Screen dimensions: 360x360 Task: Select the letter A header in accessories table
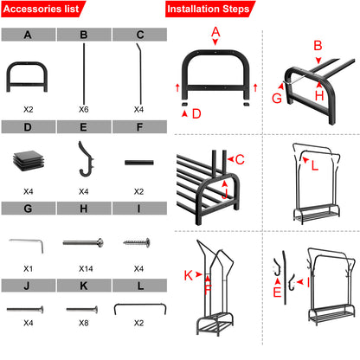29,35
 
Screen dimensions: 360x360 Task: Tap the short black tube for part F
138,162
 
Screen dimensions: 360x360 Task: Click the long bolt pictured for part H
83,241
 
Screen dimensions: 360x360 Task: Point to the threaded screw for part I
138,241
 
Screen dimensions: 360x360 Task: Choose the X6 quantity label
83,109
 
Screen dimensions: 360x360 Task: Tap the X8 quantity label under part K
83,347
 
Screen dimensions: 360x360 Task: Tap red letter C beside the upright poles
240,159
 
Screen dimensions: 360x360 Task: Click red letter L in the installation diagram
315,164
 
